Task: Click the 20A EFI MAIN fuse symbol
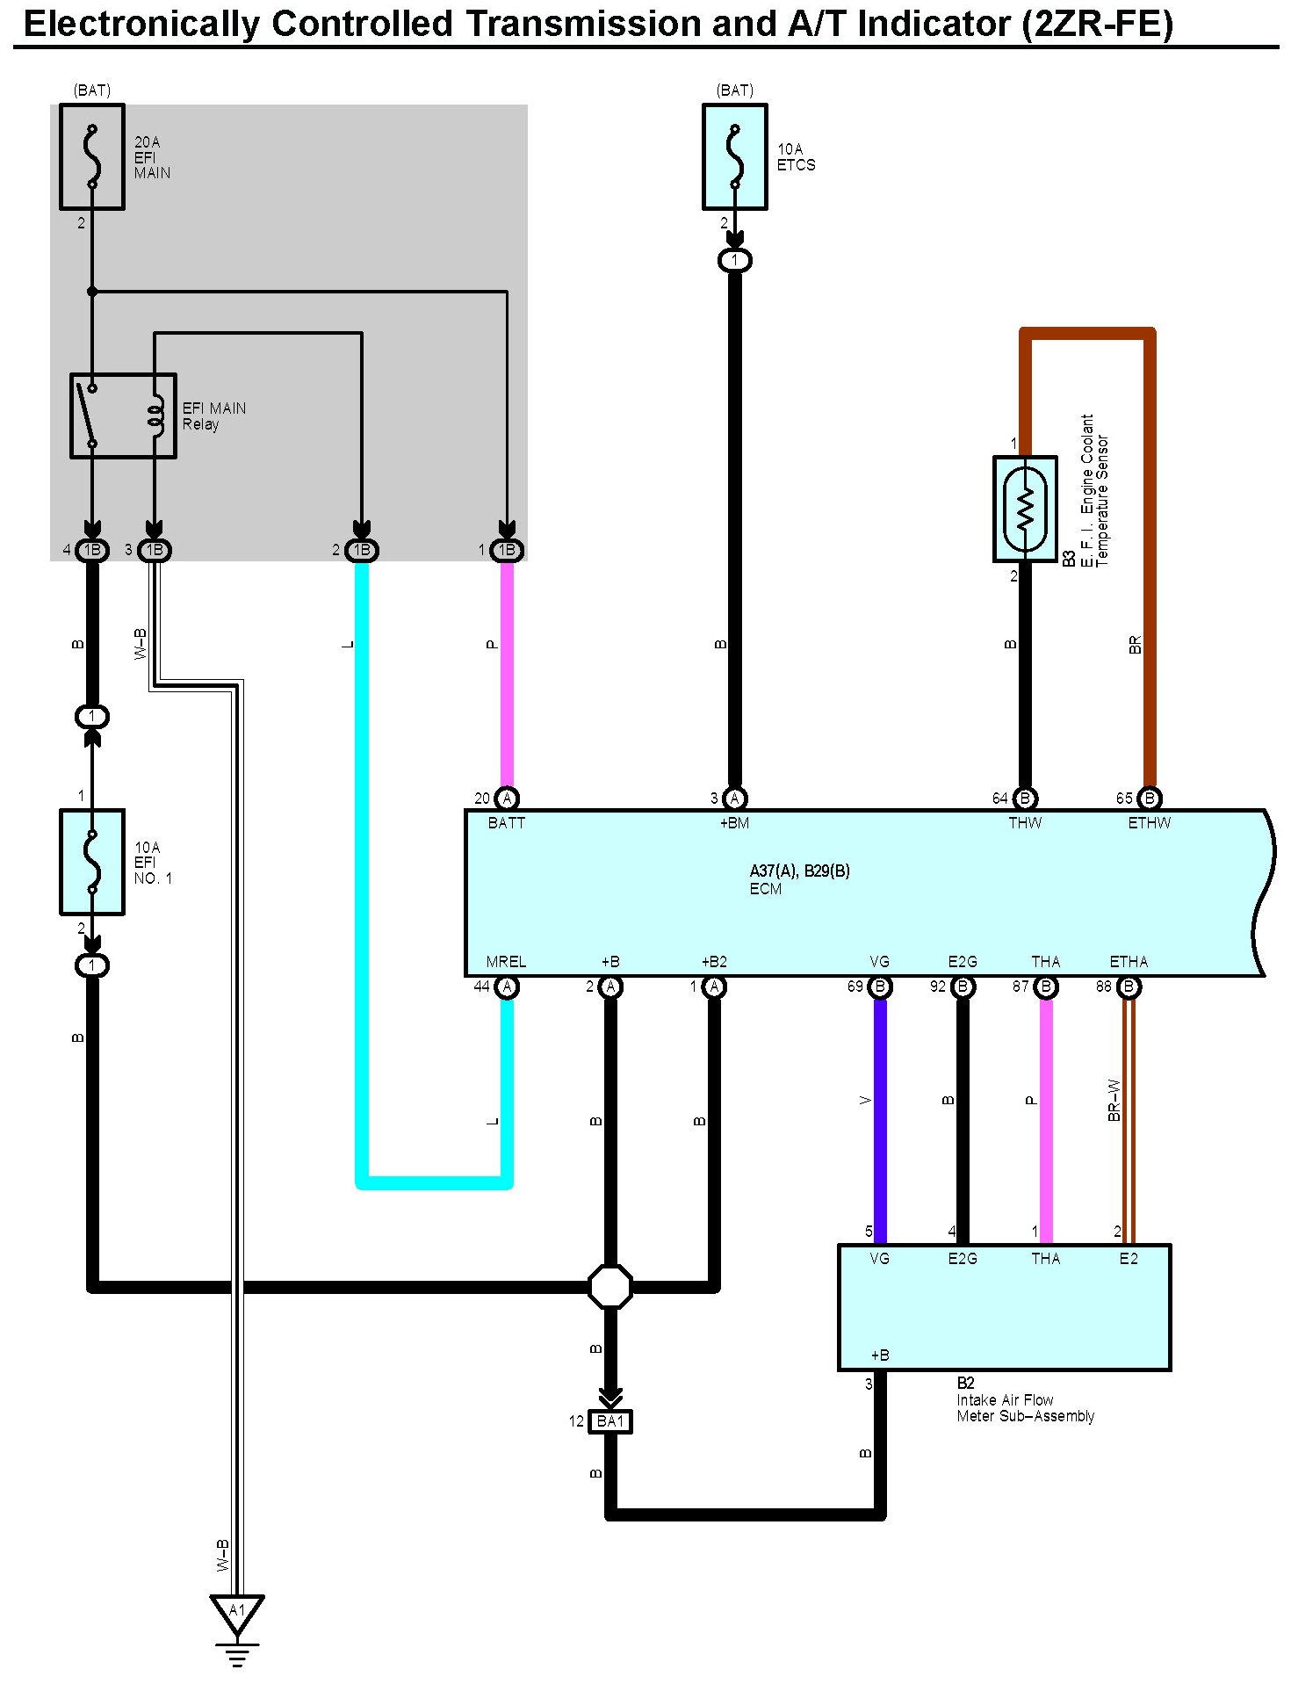click(x=91, y=156)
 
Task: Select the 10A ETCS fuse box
click(x=734, y=156)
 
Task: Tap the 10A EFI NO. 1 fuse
click(x=91, y=862)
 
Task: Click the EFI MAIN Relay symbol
click(x=123, y=416)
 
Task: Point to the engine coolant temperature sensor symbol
click(x=1024, y=509)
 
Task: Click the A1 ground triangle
click(x=237, y=1613)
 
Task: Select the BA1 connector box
click(x=609, y=1420)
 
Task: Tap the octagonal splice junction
click(x=609, y=1287)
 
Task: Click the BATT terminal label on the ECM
click(x=506, y=823)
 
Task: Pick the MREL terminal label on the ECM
click(x=506, y=962)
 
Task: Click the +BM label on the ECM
click(x=734, y=823)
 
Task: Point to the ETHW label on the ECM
click(x=1149, y=823)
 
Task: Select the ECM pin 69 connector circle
click(x=879, y=987)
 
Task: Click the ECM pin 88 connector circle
click(x=1129, y=987)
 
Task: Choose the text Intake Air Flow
click(x=1005, y=1400)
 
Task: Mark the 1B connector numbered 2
click(x=361, y=551)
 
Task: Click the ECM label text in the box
click(x=765, y=889)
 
